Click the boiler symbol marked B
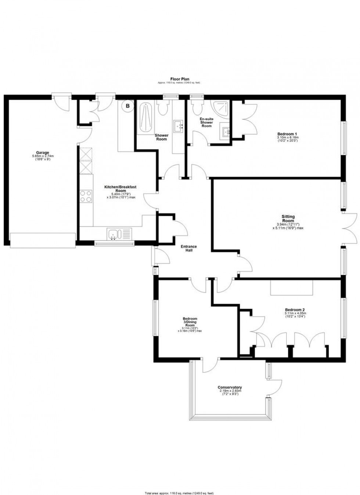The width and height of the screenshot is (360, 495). (x=128, y=106)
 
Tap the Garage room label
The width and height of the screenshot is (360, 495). (x=42, y=155)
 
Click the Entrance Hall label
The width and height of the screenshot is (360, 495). (x=188, y=248)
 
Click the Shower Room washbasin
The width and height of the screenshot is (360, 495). (x=180, y=126)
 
